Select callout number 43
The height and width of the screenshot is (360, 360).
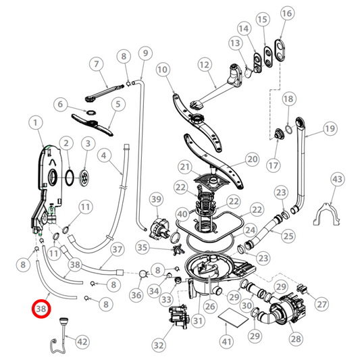(337, 179)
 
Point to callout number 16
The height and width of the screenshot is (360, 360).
(287, 14)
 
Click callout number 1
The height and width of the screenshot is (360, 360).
(36, 123)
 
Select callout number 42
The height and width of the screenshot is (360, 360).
(82, 342)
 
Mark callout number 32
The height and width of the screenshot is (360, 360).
(159, 344)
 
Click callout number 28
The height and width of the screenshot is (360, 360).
(295, 338)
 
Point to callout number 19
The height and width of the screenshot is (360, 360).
(330, 128)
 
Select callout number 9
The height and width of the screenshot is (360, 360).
(143, 53)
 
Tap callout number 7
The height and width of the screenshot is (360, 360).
(97, 63)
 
